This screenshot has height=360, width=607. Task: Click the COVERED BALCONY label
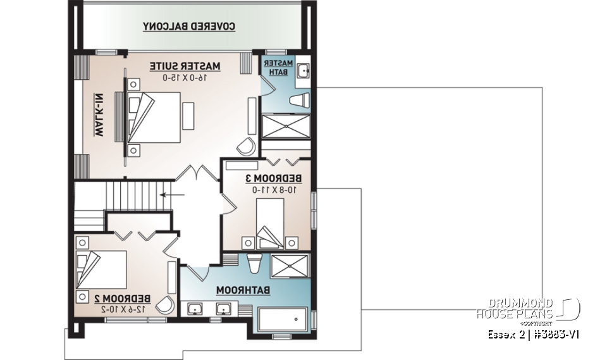(189, 27)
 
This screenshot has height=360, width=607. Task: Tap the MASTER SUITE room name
(185, 66)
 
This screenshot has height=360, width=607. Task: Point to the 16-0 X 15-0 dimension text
(185, 77)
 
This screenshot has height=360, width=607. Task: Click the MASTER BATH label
(279, 68)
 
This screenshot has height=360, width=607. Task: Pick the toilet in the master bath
(301, 101)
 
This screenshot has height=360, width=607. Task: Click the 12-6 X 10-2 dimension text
(123, 309)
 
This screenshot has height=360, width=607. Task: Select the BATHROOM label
(244, 290)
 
